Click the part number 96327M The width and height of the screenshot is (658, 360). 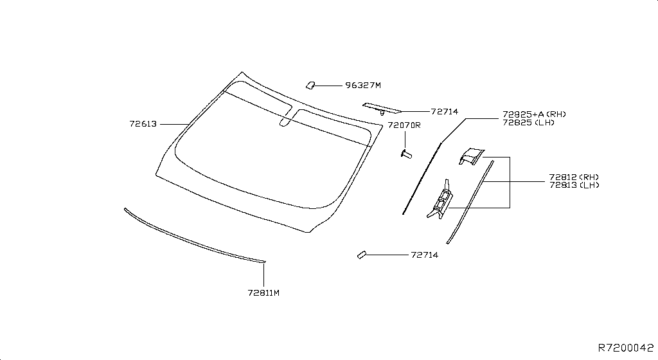[363, 85]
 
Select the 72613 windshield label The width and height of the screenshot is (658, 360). [143, 124]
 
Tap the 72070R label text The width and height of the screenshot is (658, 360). [404, 125]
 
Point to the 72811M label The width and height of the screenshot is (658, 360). [263, 293]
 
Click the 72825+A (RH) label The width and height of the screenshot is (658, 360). [534, 114]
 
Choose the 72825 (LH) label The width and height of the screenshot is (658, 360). [528, 123]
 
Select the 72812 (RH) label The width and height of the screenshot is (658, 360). [574, 177]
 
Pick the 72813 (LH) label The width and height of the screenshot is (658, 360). [574, 185]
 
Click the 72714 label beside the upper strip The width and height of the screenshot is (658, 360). [445, 112]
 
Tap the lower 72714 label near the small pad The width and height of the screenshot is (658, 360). [425, 255]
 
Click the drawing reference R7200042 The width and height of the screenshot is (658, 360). [626, 348]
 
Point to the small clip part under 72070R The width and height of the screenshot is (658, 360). [406, 155]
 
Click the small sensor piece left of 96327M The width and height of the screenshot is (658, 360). [310, 85]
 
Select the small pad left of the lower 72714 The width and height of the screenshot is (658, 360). [361, 255]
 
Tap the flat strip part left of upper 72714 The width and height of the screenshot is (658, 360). [382, 108]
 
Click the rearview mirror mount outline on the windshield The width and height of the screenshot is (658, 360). [287, 116]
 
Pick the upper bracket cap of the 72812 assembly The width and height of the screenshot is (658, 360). [471, 156]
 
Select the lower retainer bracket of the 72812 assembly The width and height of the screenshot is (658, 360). [440, 199]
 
